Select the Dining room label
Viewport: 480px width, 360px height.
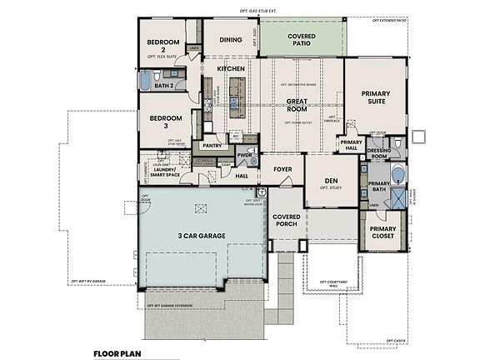click(x=230, y=39)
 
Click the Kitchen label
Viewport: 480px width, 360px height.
click(x=230, y=67)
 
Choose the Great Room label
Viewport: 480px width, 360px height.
click(x=298, y=105)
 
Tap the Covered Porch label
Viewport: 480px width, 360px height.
click(x=286, y=221)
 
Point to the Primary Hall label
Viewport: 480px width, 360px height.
click(x=350, y=145)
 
